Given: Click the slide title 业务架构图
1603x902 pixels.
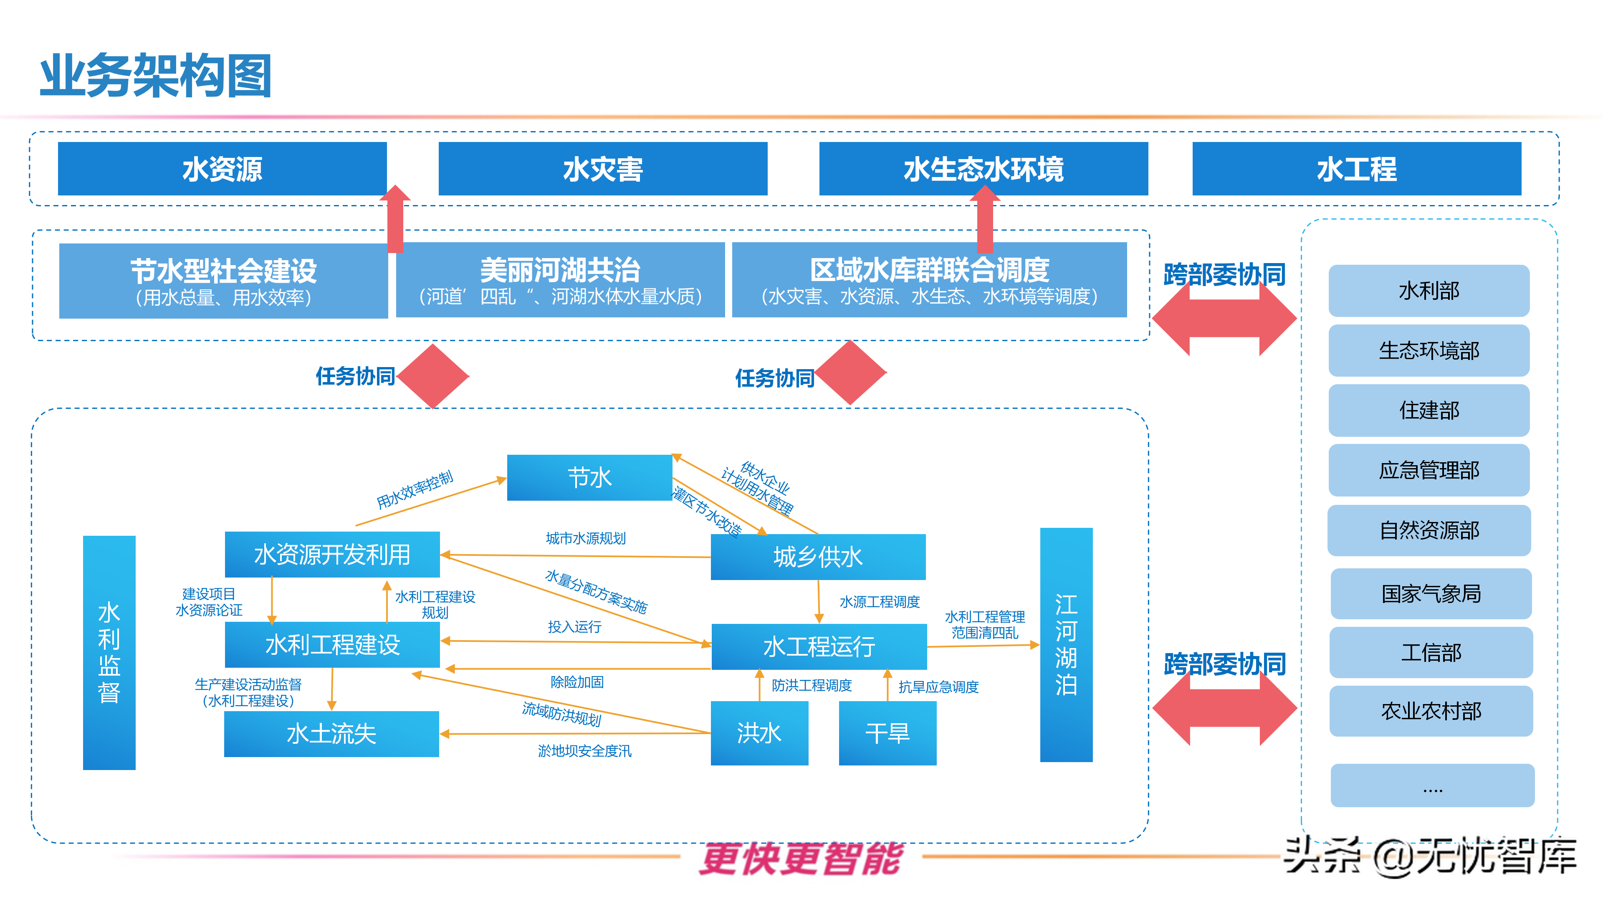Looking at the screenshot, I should click(156, 76).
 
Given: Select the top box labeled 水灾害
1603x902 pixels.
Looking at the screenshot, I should click(602, 169).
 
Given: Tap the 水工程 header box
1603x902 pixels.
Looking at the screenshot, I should click(1357, 169).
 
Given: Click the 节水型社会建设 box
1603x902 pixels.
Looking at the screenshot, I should click(223, 281).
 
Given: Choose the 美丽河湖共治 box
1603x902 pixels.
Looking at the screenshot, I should click(560, 280).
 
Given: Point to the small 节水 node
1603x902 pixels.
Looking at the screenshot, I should click(589, 477).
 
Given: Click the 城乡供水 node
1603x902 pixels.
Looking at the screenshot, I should click(818, 557).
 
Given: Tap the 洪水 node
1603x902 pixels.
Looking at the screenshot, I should click(759, 733).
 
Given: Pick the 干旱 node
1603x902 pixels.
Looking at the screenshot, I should click(887, 733).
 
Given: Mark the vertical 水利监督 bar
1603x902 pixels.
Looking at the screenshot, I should click(109, 652).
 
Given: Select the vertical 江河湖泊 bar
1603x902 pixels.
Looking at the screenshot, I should click(1066, 644).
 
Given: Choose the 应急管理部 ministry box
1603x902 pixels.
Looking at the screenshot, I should click(1429, 470).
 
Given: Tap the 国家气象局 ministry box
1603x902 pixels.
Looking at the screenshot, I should click(1431, 593).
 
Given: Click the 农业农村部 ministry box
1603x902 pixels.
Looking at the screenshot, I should click(1431, 711).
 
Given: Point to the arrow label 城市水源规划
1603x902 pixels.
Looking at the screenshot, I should click(586, 538).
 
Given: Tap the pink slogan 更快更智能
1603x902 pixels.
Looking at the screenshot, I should click(801, 859).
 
